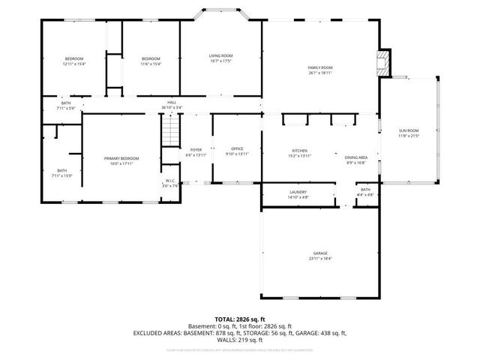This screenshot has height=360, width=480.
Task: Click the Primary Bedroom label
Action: tap(121, 160)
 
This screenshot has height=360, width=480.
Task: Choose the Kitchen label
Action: tap(299, 153)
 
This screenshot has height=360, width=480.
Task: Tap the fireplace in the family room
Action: tap(383, 62)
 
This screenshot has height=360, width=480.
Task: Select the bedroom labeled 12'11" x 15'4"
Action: tap(73, 61)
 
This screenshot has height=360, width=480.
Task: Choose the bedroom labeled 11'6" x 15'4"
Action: tap(151, 61)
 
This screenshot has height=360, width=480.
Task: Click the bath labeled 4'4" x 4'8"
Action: tap(365, 192)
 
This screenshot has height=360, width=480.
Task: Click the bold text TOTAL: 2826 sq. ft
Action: tap(239, 318)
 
